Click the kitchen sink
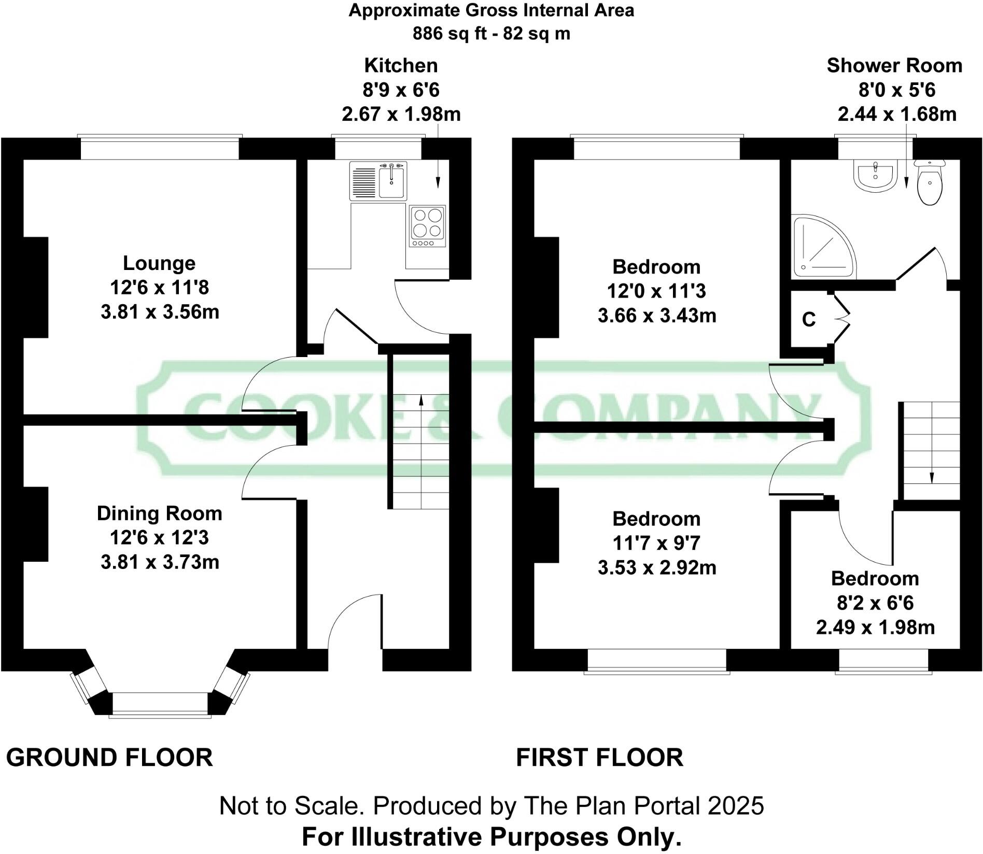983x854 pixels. coord(392,181)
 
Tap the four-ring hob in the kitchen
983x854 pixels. coord(428,226)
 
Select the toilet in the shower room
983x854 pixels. coord(931,184)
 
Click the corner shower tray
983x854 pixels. coord(822,247)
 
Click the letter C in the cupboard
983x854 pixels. coord(809,320)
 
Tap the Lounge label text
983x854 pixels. coord(159,263)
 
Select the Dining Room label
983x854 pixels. coord(159,514)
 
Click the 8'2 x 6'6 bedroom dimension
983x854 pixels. coord(875,603)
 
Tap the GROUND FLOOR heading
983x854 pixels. coord(109,758)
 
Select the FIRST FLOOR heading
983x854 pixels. coord(600,758)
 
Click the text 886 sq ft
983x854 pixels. coord(450,34)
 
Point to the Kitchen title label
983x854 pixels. coord(401,66)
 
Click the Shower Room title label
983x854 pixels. coord(894,66)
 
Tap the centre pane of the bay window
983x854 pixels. coord(160,704)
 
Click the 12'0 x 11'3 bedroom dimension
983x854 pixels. coord(656,291)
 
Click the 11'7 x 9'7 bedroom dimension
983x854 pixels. coord(656,543)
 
